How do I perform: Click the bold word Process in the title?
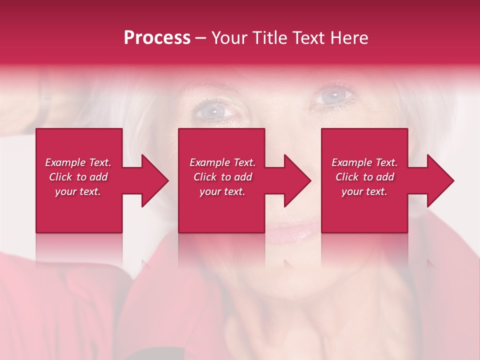(x=157, y=38)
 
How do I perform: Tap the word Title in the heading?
(x=269, y=38)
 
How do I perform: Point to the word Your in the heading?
(x=230, y=38)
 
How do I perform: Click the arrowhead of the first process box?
(x=155, y=180)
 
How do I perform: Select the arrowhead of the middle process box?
(x=297, y=180)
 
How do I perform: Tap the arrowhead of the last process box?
(x=440, y=180)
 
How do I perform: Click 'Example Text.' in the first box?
(x=78, y=162)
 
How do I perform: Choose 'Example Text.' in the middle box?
(x=222, y=162)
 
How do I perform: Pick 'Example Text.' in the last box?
(x=364, y=162)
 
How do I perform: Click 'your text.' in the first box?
(x=78, y=191)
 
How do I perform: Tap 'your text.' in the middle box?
(x=222, y=191)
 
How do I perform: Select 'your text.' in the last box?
(x=364, y=191)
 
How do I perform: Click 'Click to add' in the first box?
(x=78, y=177)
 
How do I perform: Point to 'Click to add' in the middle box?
(x=222, y=177)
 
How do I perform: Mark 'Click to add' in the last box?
(x=364, y=177)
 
